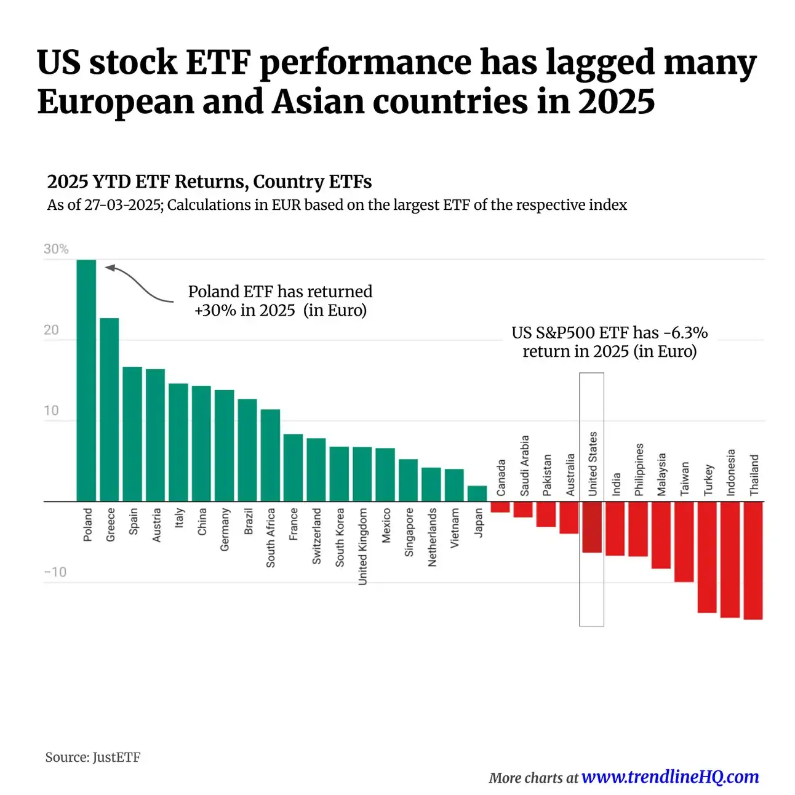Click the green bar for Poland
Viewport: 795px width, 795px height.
pos(86,380)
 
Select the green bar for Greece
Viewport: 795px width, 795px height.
pos(110,409)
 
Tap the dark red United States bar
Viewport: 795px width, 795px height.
pos(591,527)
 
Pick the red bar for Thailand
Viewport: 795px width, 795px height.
pos(753,560)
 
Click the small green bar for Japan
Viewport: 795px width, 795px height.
pos(477,493)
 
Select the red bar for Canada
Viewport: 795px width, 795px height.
pos(500,507)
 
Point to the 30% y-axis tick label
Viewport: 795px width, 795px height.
pos(56,249)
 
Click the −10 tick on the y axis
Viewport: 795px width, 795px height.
pos(55,572)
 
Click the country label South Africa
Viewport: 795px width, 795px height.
pos(271,537)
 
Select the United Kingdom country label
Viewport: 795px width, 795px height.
pos(362,546)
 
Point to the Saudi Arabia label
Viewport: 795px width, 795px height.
pos(524,466)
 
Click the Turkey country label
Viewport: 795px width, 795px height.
pos(708,480)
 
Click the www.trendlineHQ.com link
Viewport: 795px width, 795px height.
pos(669,777)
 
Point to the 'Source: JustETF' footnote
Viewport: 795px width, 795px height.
pos(93,757)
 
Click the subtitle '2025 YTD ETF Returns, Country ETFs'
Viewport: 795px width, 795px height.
pos(209,182)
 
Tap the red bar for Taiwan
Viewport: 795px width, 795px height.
pos(684,541)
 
